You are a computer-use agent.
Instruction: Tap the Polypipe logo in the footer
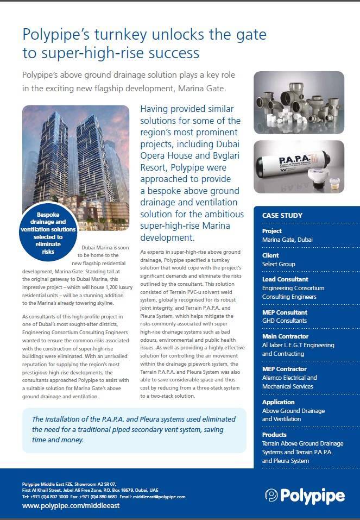coord(305,496)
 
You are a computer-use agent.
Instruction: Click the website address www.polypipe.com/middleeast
coord(71,505)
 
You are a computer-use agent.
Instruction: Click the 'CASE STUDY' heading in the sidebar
coord(282,215)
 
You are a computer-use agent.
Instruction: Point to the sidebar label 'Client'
coord(270,255)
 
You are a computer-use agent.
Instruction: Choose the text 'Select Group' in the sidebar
coord(279,264)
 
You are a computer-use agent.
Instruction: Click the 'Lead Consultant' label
coord(285,280)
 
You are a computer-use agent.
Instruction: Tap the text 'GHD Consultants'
coord(285,321)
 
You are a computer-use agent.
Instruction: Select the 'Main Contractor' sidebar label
coord(285,336)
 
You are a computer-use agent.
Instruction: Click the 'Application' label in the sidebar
coord(278,402)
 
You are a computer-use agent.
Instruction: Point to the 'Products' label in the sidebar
coord(274,435)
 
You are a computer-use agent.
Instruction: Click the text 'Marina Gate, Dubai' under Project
coord(287,240)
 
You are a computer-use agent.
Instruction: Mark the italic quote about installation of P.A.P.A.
coord(134,429)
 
